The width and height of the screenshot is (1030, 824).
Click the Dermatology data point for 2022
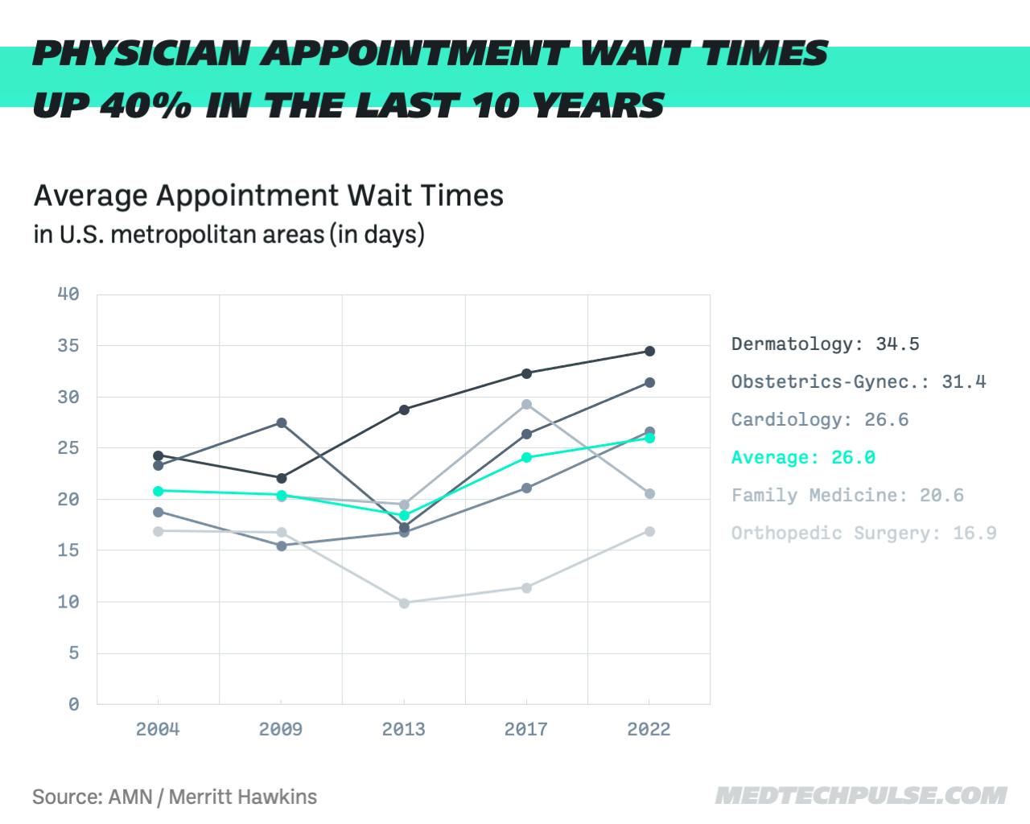coord(649,351)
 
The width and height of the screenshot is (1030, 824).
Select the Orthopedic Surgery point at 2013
coord(404,603)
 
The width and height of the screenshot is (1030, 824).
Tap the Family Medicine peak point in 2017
coord(526,404)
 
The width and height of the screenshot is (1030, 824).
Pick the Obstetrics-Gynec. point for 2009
coord(282,422)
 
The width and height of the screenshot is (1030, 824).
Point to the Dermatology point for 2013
coord(404,410)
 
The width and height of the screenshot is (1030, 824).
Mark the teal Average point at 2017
coord(526,457)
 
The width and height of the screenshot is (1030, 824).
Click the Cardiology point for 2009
coord(282,546)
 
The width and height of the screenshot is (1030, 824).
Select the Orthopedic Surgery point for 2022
coord(649,531)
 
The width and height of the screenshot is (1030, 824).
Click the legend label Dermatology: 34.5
coord(825,344)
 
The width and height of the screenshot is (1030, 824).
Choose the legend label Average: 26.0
coord(803,458)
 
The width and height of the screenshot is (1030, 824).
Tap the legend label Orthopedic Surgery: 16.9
coord(863,534)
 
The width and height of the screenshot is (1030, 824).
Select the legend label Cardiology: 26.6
coord(819,420)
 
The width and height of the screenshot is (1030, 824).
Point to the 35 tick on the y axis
coord(68,346)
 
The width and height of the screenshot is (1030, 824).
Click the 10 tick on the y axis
coord(68,602)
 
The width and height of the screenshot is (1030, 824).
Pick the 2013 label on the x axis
coord(404,729)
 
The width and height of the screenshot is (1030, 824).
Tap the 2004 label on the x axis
coord(158,729)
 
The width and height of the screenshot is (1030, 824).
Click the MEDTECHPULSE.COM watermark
coord(860,796)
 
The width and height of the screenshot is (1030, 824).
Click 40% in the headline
coord(146,105)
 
